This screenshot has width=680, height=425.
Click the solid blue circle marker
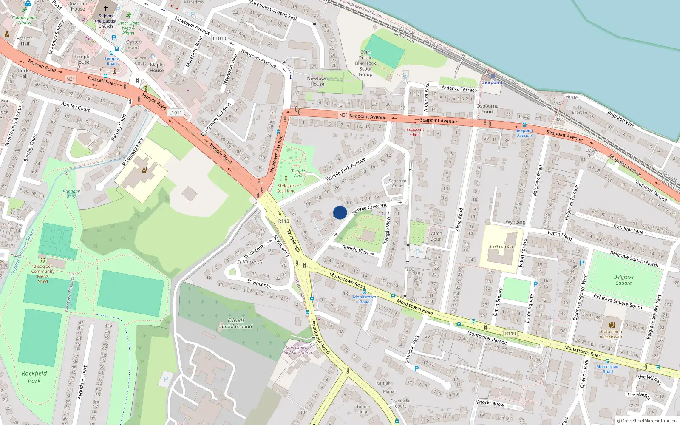point(340,212)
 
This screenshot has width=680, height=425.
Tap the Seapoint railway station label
point(492,82)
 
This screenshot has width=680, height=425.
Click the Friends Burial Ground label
point(236,323)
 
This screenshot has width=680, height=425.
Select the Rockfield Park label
point(34,377)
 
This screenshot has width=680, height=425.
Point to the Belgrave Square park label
point(623,280)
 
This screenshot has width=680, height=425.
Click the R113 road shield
point(283,221)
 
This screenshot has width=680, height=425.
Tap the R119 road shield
point(510,334)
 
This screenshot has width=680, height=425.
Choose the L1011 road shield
point(176,113)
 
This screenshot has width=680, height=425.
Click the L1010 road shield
point(219,38)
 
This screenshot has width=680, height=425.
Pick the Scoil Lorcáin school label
point(501,246)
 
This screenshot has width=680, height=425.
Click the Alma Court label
point(436,236)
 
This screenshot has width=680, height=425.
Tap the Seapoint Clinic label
point(415,132)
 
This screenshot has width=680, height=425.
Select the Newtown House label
point(317,81)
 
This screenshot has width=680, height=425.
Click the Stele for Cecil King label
point(286,188)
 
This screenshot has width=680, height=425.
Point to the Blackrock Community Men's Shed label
point(43,274)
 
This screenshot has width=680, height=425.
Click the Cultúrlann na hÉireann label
point(612,334)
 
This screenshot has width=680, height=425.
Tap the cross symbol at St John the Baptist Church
point(106,8)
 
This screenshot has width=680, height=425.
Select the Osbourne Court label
point(487,109)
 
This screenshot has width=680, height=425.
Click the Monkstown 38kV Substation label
point(297,350)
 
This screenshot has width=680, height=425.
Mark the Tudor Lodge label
point(362,409)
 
